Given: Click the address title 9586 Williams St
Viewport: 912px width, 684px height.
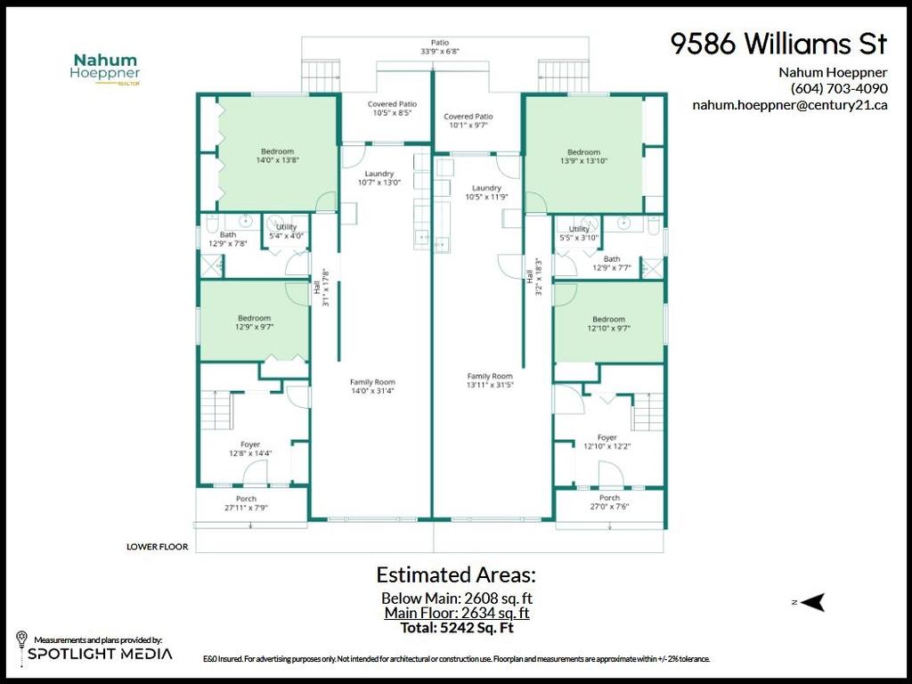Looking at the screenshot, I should (x=778, y=45).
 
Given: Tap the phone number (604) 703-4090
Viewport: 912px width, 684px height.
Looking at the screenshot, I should (x=838, y=88).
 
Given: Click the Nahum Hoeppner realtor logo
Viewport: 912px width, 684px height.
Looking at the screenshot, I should (x=105, y=69).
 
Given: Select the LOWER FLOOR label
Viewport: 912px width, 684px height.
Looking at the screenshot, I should (x=157, y=547).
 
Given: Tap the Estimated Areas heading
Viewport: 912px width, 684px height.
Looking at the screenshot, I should (x=456, y=574).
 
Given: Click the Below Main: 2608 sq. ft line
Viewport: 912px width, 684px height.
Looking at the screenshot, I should (x=456, y=598).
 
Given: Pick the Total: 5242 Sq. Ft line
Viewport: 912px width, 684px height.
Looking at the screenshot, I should (x=456, y=627).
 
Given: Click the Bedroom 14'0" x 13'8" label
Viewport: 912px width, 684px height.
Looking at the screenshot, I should (x=277, y=156).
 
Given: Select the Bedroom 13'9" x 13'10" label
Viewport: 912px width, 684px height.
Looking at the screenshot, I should (x=583, y=157).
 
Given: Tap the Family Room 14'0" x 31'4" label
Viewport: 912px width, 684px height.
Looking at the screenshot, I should (x=371, y=387).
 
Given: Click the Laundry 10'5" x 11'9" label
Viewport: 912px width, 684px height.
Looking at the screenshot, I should (x=486, y=192).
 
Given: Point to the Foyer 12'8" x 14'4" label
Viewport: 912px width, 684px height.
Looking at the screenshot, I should (x=249, y=449).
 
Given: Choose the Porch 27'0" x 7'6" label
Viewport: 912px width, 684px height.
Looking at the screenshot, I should (x=609, y=502).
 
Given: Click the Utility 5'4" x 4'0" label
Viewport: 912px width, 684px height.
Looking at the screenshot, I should (x=286, y=232).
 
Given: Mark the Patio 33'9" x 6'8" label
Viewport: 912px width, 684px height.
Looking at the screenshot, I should (x=439, y=46).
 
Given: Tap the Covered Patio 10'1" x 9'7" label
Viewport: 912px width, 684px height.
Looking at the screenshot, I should (x=468, y=121).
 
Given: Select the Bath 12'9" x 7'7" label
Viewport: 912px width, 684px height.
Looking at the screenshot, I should (x=611, y=264).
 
